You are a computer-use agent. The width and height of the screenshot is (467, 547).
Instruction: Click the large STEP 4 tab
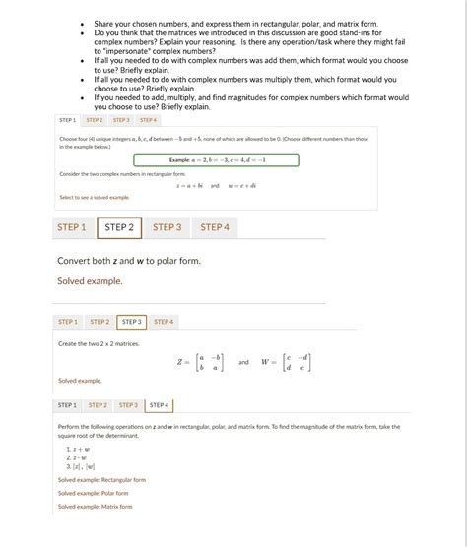pos(215,227)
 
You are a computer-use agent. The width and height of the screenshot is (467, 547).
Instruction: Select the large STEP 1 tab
pos(71,227)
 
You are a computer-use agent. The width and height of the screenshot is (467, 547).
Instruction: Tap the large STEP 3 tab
pos(167,227)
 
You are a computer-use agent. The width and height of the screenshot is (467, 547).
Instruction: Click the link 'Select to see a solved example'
pos(95,197)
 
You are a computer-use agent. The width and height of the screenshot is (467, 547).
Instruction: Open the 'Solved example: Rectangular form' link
pos(101,480)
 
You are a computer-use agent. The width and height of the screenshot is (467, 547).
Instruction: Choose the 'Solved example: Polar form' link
pos(93,493)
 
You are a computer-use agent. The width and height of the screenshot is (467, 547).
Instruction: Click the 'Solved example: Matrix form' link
pos(95,506)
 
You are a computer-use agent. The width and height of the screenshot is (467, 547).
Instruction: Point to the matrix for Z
pos(201,361)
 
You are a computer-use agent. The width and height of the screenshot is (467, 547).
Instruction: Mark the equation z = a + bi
pos(189,184)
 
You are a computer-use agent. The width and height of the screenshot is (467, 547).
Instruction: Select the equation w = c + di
pos(241,184)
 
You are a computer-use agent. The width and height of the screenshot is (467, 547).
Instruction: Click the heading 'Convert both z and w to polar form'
pos(129,261)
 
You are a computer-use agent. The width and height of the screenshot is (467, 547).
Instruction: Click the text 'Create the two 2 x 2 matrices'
pos(99,343)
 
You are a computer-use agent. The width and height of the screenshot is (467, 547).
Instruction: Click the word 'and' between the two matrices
pos(243,361)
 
